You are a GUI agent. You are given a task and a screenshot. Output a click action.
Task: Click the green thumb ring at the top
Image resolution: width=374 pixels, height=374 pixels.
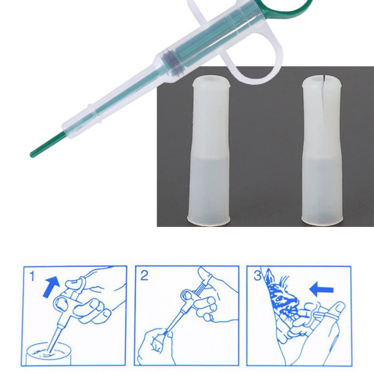click(286, 6)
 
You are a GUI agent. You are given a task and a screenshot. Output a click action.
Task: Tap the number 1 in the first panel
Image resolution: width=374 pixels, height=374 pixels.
click(32, 276)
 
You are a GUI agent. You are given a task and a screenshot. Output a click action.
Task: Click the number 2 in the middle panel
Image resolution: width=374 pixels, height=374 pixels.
click(144, 275)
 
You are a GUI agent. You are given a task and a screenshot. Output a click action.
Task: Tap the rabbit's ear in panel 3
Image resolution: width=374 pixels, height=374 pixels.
click(270, 277)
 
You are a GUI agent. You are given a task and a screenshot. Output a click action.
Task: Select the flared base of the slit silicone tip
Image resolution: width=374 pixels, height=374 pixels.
click(322, 219)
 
